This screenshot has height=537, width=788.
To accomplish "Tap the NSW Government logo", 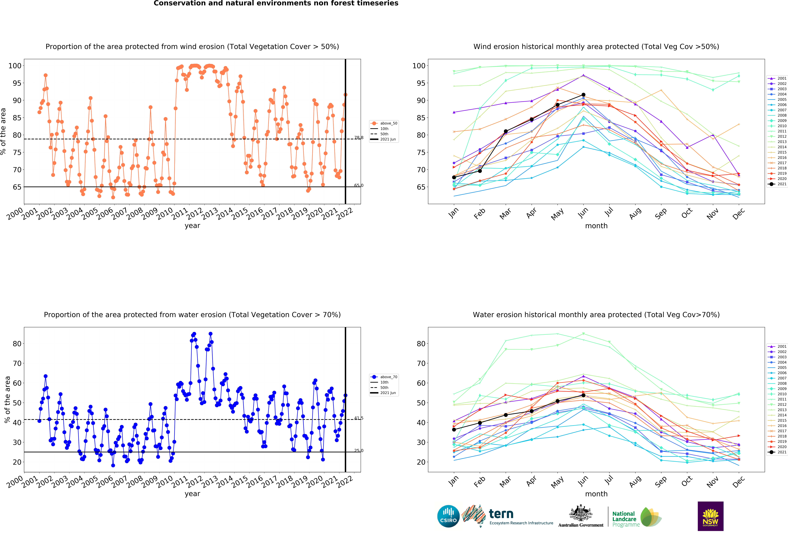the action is click(x=710, y=516).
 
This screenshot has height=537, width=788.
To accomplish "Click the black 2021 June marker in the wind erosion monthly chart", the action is click(x=583, y=95).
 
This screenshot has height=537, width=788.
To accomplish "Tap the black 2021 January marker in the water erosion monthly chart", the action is click(x=454, y=429).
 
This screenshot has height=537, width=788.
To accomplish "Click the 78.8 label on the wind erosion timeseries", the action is click(x=359, y=138).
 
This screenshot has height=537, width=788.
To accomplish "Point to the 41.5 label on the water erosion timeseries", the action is click(x=359, y=418).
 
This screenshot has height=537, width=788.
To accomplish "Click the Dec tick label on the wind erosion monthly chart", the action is click(x=738, y=214).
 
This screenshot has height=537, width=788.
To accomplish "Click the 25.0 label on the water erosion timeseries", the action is click(x=359, y=451).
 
